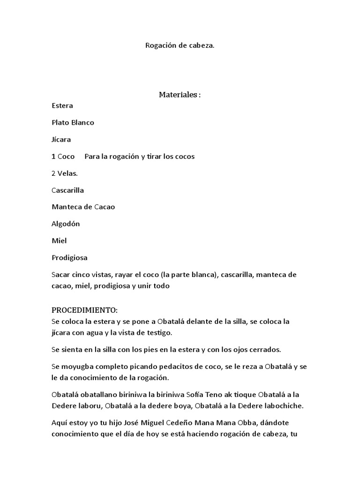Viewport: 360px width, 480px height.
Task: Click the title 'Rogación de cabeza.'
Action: click(x=180, y=46)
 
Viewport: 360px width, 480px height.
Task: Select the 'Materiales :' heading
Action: click(x=180, y=95)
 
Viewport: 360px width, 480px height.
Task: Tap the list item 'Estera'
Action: click(x=62, y=105)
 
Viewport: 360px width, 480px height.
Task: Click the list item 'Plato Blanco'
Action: click(x=73, y=122)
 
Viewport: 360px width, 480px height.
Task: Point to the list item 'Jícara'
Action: click(x=61, y=139)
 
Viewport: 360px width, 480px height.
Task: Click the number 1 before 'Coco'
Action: click(x=53, y=156)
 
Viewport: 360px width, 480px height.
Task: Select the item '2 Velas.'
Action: click(x=64, y=173)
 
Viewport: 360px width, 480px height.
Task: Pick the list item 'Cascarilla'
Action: click(x=67, y=190)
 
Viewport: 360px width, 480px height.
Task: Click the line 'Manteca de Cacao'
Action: click(x=83, y=207)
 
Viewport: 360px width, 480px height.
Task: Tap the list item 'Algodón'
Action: click(x=65, y=224)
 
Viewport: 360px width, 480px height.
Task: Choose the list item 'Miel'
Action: click(x=59, y=240)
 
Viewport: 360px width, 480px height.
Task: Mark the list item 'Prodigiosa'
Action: click(x=69, y=257)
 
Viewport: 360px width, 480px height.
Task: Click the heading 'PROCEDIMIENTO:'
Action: click(x=84, y=311)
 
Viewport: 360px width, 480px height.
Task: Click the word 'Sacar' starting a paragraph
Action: click(x=60, y=274)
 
